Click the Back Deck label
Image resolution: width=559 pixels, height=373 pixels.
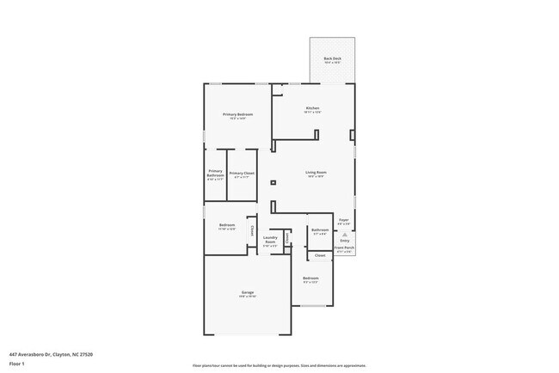tap(333, 58)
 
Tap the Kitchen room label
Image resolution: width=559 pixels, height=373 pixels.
tap(311, 108)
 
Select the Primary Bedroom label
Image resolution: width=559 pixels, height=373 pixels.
tap(237, 114)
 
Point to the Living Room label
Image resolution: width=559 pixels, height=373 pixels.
tap(316, 173)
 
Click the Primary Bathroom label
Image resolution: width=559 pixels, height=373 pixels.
tap(215, 173)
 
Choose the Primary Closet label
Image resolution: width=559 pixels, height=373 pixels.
tap(242, 173)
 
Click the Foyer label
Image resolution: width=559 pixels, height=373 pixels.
tap(343, 220)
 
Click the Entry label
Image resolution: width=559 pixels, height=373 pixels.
tap(344, 241)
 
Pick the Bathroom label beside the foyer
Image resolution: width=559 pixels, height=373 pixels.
tap(319, 229)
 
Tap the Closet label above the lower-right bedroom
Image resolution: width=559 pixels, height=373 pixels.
tap(319, 255)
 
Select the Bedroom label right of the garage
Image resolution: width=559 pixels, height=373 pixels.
tap(310, 278)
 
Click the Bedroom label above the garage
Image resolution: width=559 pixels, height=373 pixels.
tap(226, 225)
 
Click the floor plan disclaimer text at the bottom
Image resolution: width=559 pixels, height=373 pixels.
tap(278, 364)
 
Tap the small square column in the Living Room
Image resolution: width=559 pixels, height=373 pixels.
tap(273, 182)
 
